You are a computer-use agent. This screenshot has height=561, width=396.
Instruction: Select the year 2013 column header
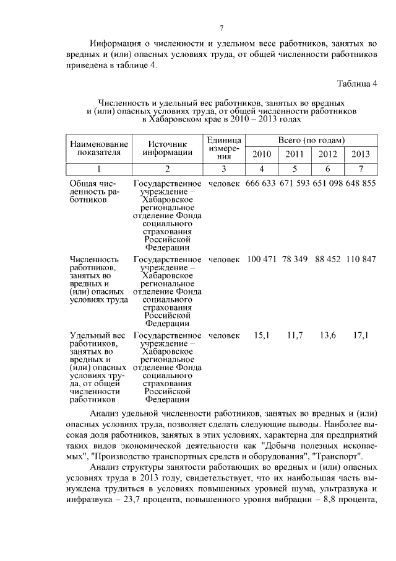360,155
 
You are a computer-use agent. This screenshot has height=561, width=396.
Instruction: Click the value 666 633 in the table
260,184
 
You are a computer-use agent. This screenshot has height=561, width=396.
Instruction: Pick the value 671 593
293,184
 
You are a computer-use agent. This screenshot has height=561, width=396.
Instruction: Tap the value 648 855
360,184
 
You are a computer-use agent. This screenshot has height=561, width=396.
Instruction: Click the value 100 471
261,258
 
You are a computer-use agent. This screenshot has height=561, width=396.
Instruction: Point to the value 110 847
360,258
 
